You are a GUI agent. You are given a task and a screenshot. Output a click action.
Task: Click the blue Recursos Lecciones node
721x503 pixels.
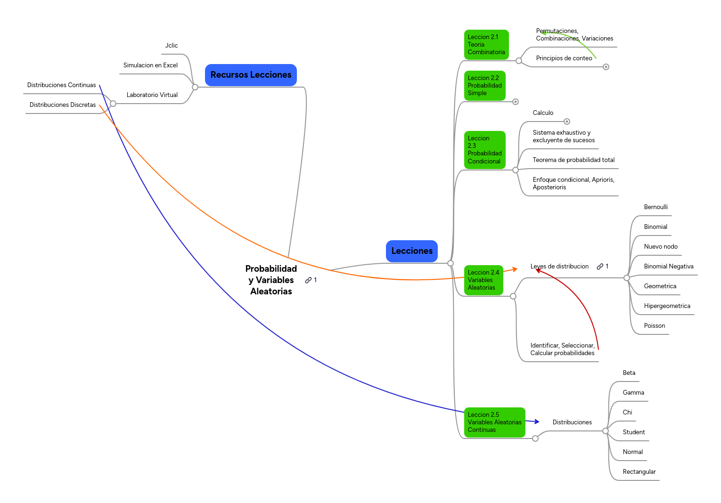(251, 75)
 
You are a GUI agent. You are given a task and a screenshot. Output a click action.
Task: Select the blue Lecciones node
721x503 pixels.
(411, 251)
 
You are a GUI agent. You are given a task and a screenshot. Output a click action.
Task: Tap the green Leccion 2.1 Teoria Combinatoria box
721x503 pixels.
(486, 45)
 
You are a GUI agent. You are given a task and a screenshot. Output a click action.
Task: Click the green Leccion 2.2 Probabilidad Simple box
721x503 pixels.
(484, 86)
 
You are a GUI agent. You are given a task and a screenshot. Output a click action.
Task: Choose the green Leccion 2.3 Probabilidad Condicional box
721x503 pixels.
(484, 150)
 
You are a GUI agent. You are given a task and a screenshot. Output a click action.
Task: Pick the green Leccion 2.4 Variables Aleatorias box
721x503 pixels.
(483, 280)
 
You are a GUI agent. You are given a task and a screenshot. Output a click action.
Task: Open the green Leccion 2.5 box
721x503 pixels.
(494, 422)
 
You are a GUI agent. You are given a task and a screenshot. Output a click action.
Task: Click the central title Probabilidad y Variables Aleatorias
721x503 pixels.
(271, 280)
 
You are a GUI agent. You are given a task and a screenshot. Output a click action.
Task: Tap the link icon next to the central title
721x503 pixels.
(308, 280)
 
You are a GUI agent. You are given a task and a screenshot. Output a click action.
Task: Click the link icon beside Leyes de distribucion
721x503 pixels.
(600, 267)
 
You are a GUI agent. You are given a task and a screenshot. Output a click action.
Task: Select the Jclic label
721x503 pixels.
(172, 46)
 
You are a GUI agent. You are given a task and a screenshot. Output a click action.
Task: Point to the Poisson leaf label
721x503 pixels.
(654, 326)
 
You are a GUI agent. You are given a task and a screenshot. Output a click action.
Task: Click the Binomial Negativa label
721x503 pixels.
(668, 267)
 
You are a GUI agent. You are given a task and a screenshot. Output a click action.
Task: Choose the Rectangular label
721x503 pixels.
(639, 472)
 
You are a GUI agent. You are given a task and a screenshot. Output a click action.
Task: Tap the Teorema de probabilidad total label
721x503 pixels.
(573, 160)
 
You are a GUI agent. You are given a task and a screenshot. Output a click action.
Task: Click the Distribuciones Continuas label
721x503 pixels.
(61, 85)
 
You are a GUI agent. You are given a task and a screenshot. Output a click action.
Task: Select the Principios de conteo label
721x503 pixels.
(564, 58)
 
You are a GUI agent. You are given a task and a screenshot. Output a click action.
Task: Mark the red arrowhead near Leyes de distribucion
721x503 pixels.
(538, 270)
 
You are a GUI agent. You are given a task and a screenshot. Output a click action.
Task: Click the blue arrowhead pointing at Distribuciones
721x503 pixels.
(537, 422)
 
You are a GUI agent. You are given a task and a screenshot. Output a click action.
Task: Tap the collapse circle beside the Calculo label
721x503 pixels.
(567, 122)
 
